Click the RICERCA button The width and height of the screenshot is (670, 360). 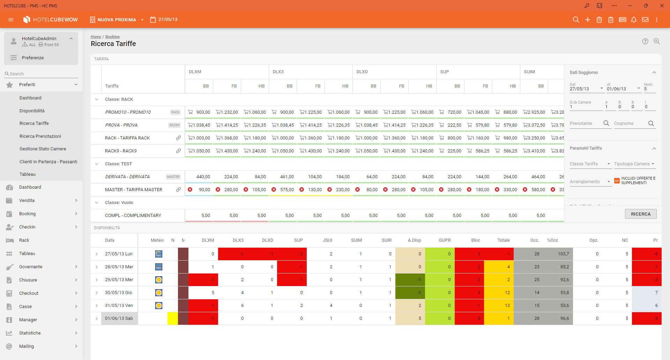click(640, 214)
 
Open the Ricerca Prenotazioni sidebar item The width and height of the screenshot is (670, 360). click(40, 136)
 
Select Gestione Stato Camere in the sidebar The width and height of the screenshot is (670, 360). click(43, 149)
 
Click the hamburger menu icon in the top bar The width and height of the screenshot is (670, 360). click(11, 20)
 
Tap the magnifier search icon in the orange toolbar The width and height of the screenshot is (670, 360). click(576, 20)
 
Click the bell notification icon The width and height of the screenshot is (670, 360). click(634, 20)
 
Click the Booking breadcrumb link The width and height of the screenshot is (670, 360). click(112, 37)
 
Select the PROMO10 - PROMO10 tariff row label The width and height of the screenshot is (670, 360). click(128, 112)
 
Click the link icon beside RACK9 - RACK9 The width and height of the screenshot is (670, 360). click(178, 151)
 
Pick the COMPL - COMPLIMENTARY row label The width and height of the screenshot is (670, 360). click(133, 216)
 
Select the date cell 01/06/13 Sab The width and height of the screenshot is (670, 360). click(119, 318)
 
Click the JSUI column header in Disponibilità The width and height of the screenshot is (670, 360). click(327, 240)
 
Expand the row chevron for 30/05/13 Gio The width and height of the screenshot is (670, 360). click(97, 293)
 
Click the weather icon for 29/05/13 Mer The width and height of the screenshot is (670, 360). click(159, 280)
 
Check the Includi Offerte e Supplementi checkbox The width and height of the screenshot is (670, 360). click(617, 181)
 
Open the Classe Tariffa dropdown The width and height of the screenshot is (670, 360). click(590, 164)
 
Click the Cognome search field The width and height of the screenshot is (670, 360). click(630, 123)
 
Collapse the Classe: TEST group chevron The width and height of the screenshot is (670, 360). click(97, 164)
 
